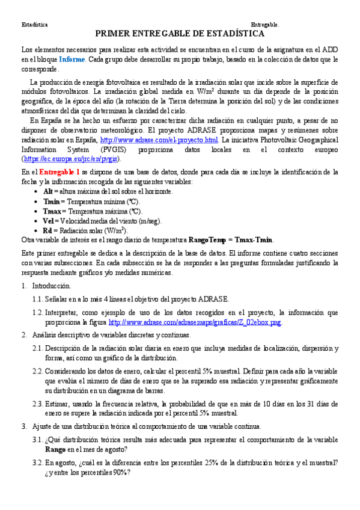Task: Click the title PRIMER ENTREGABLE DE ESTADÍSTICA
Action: click(x=180, y=34)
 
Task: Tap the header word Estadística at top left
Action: click(x=34, y=25)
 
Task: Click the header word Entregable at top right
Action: click(x=264, y=25)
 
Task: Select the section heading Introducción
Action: click(x=52, y=286)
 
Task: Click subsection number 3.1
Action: click(x=38, y=440)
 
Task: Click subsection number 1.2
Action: click(x=38, y=313)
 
